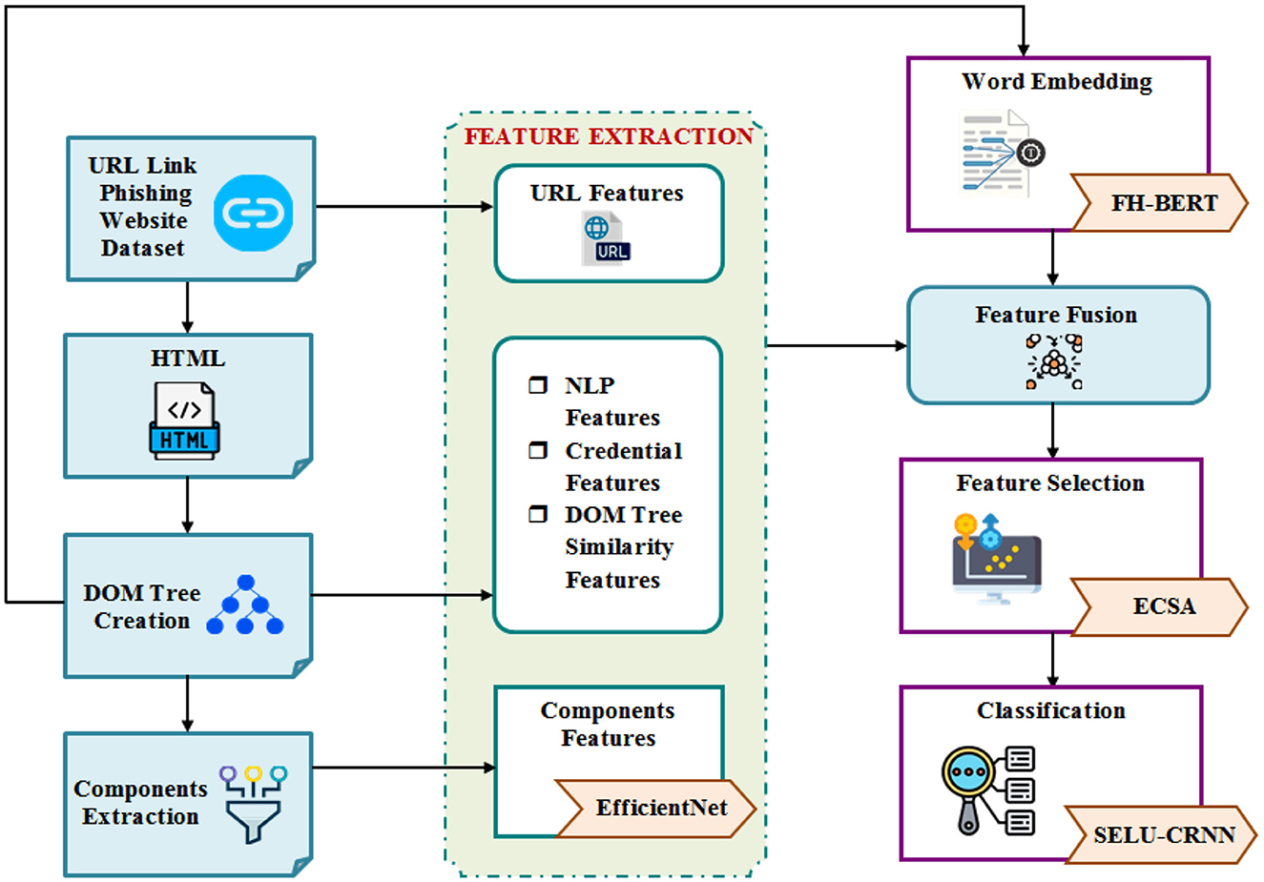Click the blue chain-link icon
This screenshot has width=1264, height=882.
pos(253,213)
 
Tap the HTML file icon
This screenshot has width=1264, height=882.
pos(184,420)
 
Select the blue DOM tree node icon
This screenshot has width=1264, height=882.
pos(245,605)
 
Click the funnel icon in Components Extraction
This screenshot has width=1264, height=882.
pos(253,804)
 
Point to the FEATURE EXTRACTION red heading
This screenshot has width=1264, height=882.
pos(609,136)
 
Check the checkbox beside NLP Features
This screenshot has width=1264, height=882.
pos(538,385)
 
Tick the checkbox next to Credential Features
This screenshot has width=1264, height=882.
pos(538,450)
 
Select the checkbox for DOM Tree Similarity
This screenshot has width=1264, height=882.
pos(538,515)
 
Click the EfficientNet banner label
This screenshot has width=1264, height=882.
pos(660,808)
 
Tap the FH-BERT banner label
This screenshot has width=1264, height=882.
pos(1163,203)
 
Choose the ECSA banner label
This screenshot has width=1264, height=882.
pos(1163,606)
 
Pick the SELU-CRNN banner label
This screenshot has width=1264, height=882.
pos(1163,835)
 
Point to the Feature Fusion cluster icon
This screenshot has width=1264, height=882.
pos(1053,361)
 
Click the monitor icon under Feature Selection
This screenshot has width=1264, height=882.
pos(996,559)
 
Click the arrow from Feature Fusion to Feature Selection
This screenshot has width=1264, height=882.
pos(1053,431)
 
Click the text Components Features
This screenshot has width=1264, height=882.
pos(608,725)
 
